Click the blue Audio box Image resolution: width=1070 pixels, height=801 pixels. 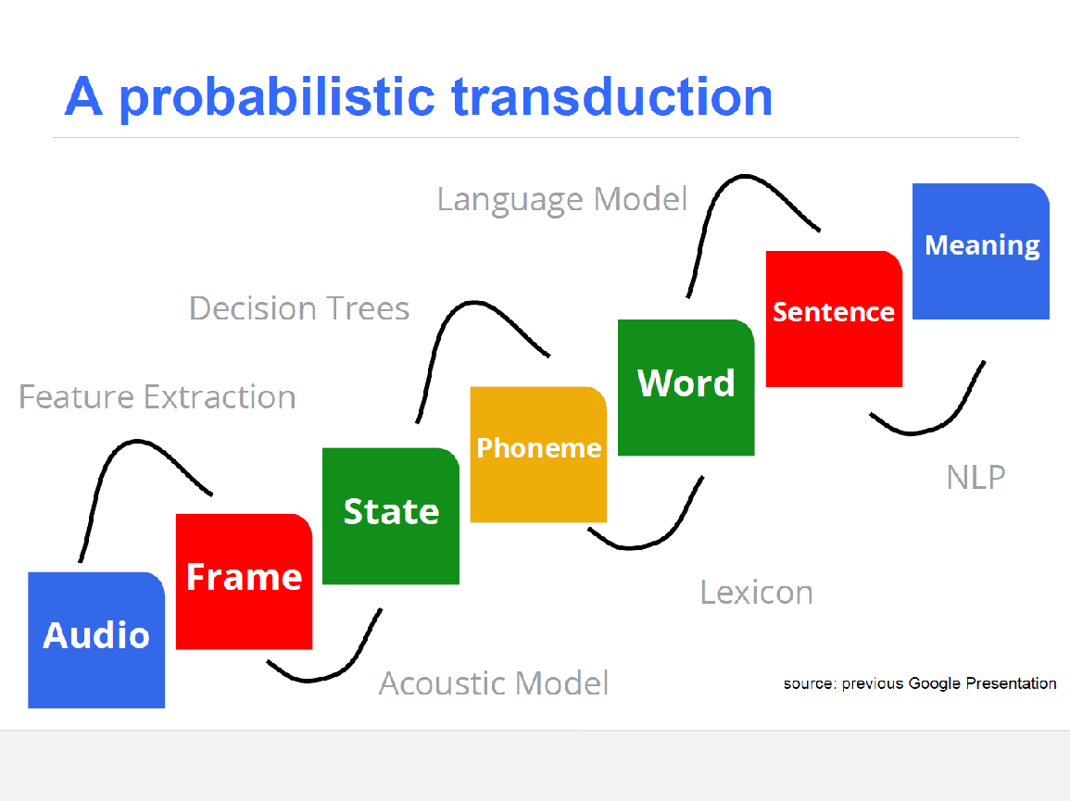pos(96,640)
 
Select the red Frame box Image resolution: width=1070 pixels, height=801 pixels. pos(245,582)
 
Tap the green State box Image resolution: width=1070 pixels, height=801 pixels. pos(391,516)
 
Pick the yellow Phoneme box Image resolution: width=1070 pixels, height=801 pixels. pos(538,455)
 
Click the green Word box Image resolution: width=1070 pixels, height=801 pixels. pos(686,387)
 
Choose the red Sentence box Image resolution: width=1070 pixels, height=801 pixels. pos(834,319)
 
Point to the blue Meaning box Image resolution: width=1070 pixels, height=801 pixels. pos(981,251)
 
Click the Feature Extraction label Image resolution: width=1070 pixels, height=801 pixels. pos(157,397)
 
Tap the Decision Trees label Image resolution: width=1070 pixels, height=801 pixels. pos(299,308)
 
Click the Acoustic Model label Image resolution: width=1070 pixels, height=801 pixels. pos(494,683)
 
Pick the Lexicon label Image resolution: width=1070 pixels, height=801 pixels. pos(757,593)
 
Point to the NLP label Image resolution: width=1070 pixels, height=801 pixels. pos(976,478)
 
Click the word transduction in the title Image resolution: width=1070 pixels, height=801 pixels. pos(612,97)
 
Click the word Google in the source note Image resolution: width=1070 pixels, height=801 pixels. pos(935,683)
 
